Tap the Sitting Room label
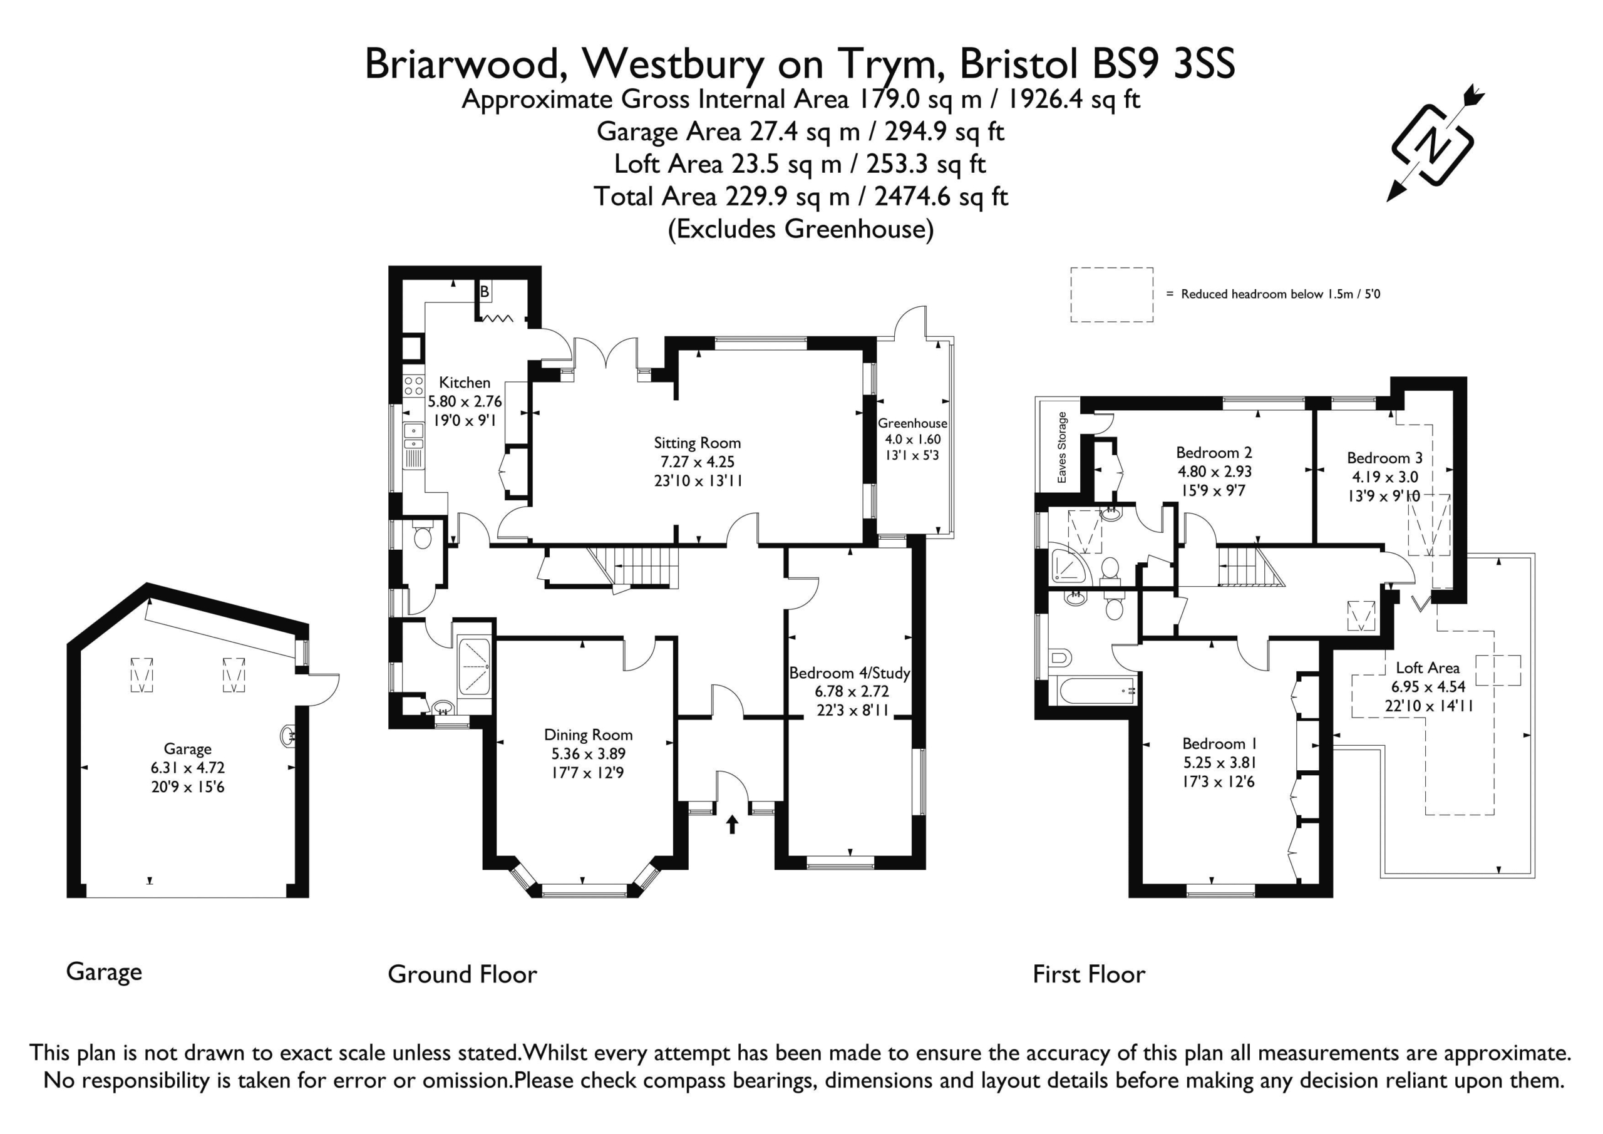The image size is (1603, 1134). coord(697,443)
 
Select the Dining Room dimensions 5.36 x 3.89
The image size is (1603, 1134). coord(588,753)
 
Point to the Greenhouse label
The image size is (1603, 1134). coord(912,423)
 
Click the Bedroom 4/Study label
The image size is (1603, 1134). coord(850,673)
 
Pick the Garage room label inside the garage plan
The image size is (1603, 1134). coord(187,750)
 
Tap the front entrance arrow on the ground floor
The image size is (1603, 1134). coord(732,824)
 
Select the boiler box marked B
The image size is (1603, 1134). coord(484,291)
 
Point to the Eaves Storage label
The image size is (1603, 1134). coord(1062,447)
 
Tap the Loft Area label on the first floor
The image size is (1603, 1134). coord(1427,668)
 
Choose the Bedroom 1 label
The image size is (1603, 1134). coord(1219,744)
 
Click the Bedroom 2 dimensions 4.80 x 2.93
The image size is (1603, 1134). coord(1215,472)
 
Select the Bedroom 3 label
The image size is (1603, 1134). coord(1384,458)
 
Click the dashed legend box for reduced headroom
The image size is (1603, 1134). coord(1111,295)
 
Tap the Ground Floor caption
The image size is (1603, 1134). coord(462,974)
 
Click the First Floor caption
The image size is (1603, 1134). coord(1089,974)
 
